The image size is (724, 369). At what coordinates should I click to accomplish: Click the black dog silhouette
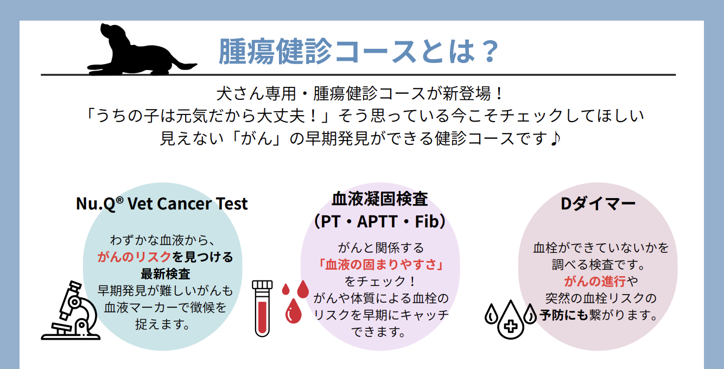click(x=136, y=53)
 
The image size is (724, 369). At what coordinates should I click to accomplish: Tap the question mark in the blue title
click(x=490, y=51)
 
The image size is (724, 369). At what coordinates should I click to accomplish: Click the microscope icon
click(x=71, y=310)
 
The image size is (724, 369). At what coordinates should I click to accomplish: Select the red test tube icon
click(x=262, y=309)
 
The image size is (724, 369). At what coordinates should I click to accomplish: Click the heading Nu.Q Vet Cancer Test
click(x=162, y=203)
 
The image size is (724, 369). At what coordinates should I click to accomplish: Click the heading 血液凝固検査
click(x=380, y=199)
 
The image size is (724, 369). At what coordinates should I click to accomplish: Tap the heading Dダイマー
click(x=598, y=203)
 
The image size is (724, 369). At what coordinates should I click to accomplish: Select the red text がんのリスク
click(x=134, y=257)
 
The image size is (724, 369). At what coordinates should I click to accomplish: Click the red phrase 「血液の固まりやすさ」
click(x=380, y=264)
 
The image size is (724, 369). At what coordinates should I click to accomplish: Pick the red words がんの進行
click(x=595, y=281)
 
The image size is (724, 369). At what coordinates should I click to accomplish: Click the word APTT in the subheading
click(x=377, y=221)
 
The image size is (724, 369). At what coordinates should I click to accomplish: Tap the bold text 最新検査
click(x=165, y=273)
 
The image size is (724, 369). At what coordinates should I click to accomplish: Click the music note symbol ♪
click(x=555, y=138)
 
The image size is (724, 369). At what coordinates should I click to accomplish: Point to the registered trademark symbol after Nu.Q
click(x=119, y=200)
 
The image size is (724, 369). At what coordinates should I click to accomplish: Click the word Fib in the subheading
click(x=427, y=221)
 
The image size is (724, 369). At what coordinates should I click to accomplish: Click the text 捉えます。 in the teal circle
click(x=163, y=324)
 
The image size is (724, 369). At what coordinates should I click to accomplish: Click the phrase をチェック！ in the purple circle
click(x=380, y=281)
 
